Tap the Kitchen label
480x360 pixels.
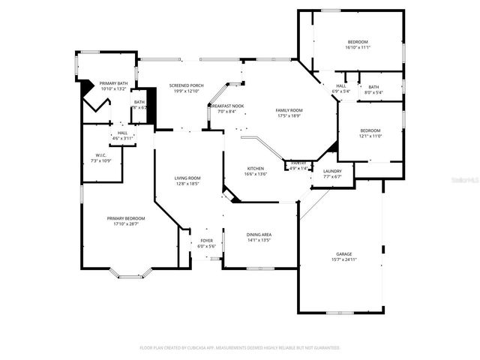click(x=256, y=169)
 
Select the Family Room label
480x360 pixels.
click(x=289, y=110)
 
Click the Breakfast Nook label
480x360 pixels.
click(x=226, y=106)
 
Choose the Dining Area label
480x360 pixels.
click(x=259, y=235)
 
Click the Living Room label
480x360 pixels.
click(x=187, y=178)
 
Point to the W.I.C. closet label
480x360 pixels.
click(x=100, y=157)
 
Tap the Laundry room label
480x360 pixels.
click(x=332, y=171)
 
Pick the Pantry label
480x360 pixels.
click(x=298, y=163)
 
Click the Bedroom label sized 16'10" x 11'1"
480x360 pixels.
click(x=357, y=41)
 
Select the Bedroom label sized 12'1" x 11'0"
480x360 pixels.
click(x=370, y=130)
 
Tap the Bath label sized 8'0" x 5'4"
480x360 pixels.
click(x=373, y=87)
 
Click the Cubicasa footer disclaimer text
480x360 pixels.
click(x=240, y=348)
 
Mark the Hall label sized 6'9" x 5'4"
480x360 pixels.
click(x=341, y=86)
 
